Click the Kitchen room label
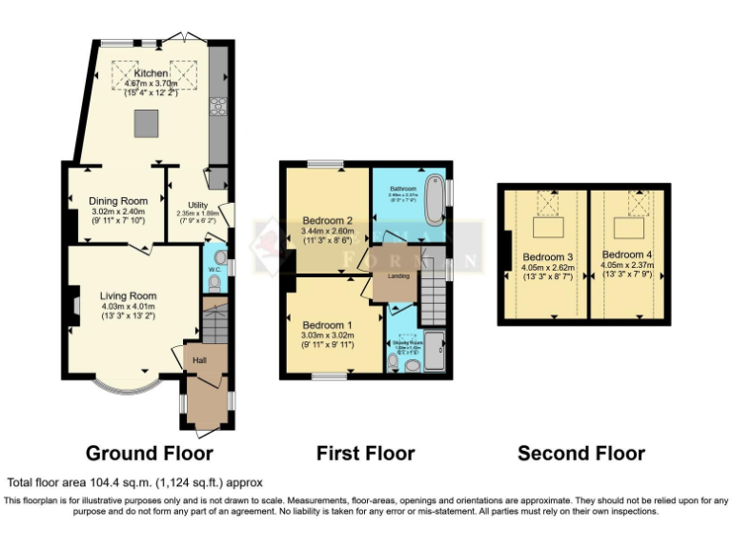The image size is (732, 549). pos(151,73)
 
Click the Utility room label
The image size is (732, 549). pos(197,205)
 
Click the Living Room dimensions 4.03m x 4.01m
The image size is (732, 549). pos(128,307)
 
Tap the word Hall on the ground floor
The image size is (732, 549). pos(199,360)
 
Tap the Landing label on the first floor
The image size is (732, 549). pos(397,276)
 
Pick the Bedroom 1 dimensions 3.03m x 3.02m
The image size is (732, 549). pos(327,335)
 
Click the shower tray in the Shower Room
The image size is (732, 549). pos(435,352)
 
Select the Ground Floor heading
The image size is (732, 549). pos(149,453)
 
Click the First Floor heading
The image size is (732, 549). pos(367,453)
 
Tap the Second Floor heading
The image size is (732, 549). pos(580,453)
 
